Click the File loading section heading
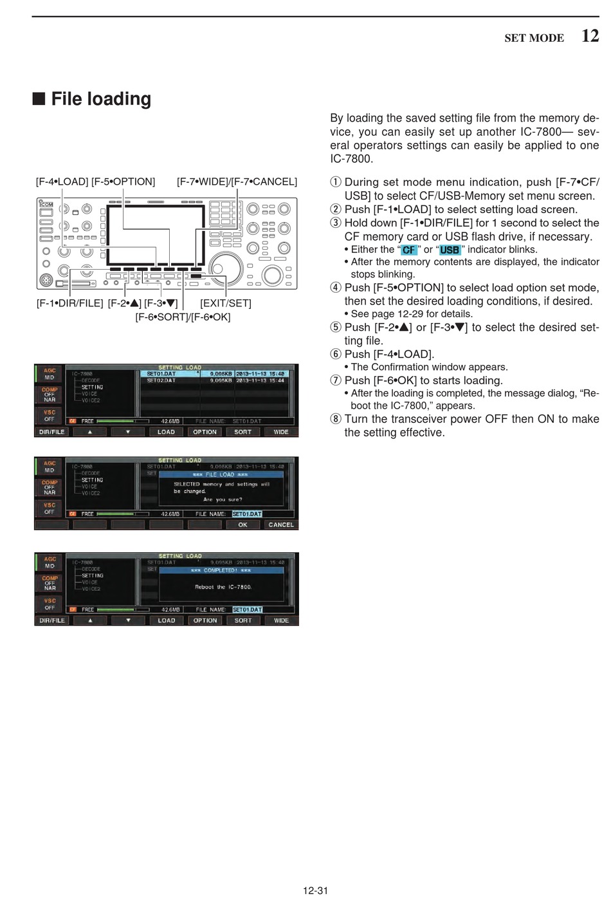tap(101, 99)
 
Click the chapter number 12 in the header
tap(590, 36)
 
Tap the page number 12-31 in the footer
tap(315, 891)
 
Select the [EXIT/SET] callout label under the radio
tap(225, 303)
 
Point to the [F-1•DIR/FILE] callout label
tap(69, 303)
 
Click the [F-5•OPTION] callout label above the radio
tap(123, 182)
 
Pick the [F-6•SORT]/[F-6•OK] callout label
tap(183, 317)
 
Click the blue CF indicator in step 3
tap(409, 250)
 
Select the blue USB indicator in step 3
tap(450, 250)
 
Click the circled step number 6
tap(335, 354)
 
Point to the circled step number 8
tap(335, 419)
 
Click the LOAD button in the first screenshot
tap(166, 432)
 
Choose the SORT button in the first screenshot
tap(242, 432)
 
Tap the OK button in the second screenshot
tap(242, 525)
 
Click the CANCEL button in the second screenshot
tap(281, 525)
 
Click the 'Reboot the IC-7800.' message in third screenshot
tap(223, 587)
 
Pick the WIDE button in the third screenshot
tap(281, 620)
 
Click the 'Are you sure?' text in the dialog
tap(223, 499)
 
